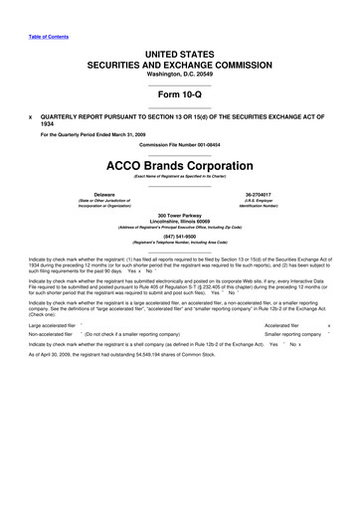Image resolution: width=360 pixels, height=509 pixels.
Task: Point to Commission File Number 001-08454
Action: click(x=180, y=143)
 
